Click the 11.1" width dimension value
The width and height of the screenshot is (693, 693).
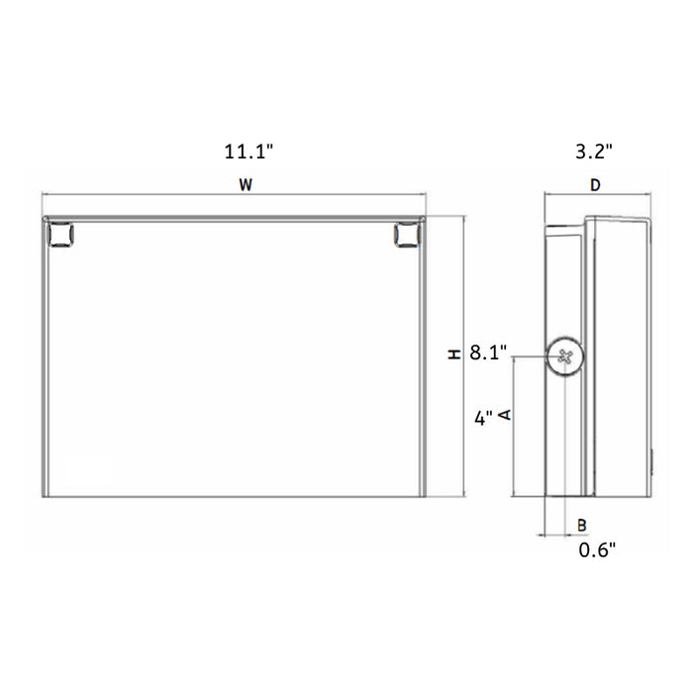tap(247, 152)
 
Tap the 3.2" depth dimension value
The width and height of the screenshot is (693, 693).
tap(595, 152)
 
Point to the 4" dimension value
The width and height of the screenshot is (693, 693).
tap(483, 418)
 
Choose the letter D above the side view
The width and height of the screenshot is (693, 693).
tap(595, 184)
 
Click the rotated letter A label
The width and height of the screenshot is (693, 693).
tap(505, 415)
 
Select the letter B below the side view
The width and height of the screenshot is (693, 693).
tap(582, 524)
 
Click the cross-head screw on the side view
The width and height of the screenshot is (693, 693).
tap(565, 357)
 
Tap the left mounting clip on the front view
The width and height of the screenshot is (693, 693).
tap(60, 235)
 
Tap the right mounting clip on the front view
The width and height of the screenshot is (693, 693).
tap(405, 235)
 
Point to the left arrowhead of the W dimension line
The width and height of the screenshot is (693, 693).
tap(43, 194)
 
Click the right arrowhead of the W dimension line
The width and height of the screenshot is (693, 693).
tap(423, 194)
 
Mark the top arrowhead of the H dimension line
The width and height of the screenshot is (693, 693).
tap(463, 219)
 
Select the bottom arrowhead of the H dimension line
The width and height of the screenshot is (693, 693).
tap(463, 494)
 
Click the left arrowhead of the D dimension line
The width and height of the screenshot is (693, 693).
tap(546, 195)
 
